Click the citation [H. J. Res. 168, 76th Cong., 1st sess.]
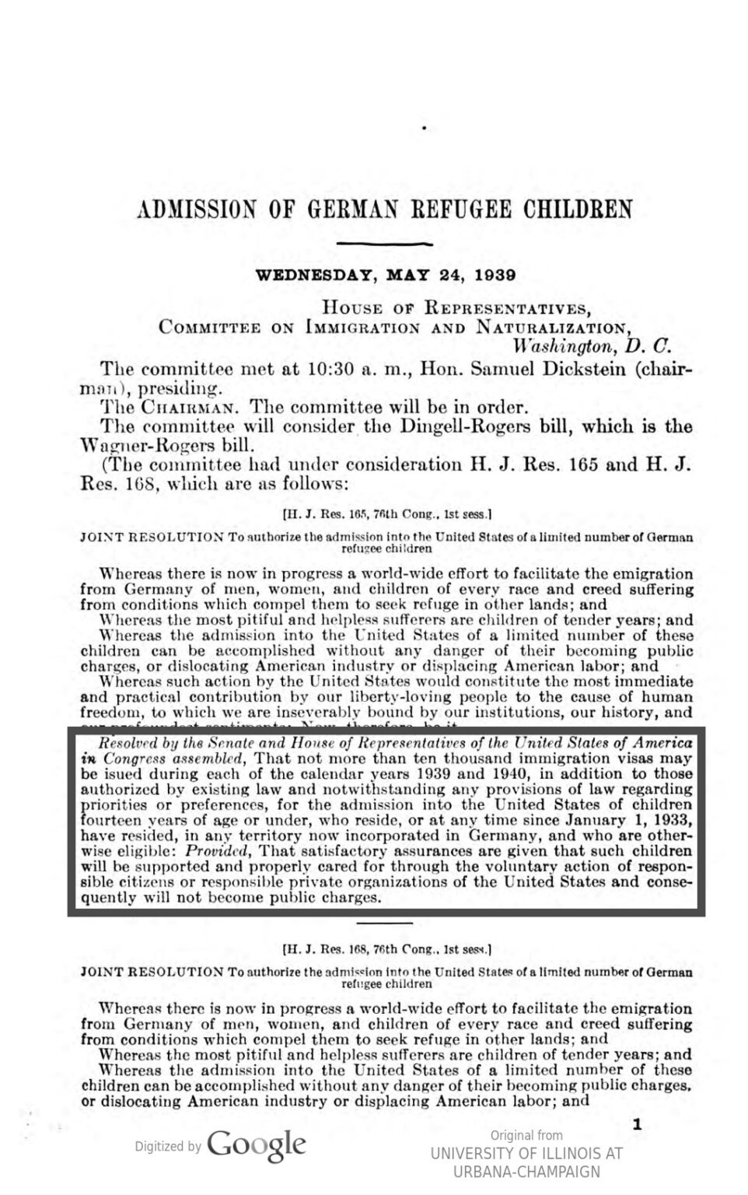tap(386, 949)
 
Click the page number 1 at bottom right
tap(637, 1124)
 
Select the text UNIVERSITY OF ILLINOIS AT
tap(526, 1154)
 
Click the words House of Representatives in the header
tap(456, 307)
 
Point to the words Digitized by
tap(168, 1146)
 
